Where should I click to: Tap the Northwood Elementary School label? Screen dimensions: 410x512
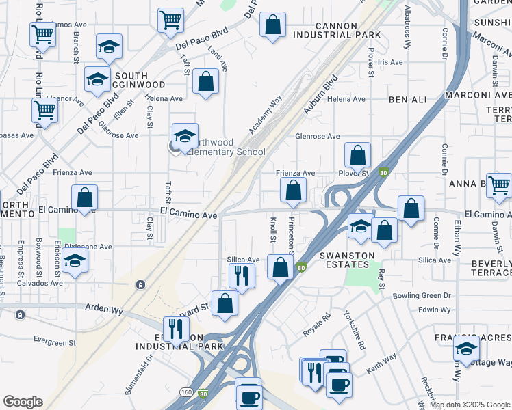click(225, 147)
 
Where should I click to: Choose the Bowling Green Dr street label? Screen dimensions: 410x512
click(422, 296)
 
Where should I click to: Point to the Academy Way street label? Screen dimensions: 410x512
click(266, 114)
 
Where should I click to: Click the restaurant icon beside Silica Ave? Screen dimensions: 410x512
click(241, 275)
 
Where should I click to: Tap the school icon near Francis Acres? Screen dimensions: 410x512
click(467, 349)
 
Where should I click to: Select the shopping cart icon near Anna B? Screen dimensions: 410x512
click(499, 184)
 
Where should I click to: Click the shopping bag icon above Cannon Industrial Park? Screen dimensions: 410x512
click(272, 25)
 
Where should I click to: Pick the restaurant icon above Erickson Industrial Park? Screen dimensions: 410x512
click(177, 329)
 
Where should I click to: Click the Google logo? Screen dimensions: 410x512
click(23, 402)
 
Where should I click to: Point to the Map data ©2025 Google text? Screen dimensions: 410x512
click(469, 405)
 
